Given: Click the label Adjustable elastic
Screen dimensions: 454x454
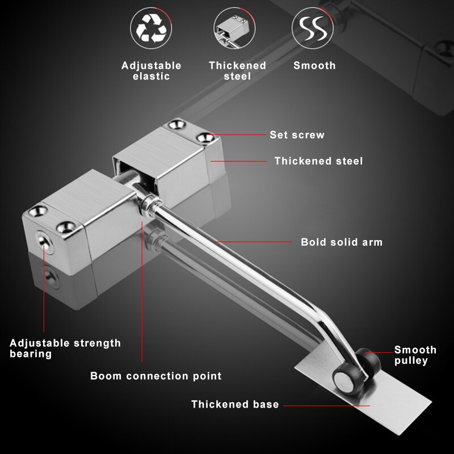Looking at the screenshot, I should (x=152, y=71).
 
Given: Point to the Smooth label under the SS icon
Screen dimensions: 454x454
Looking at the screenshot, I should (x=314, y=65).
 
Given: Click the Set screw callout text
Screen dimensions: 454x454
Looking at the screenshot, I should (x=297, y=135).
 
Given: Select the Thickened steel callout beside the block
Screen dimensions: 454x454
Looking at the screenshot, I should (x=318, y=161).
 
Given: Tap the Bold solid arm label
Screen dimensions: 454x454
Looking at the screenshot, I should (x=342, y=242).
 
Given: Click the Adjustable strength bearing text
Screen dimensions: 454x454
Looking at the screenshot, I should (x=65, y=348).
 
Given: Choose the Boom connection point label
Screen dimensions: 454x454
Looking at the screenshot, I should (x=156, y=376).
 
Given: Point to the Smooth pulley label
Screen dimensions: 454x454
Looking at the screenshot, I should (x=415, y=355).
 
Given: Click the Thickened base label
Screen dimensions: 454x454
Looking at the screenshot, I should (x=235, y=405).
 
